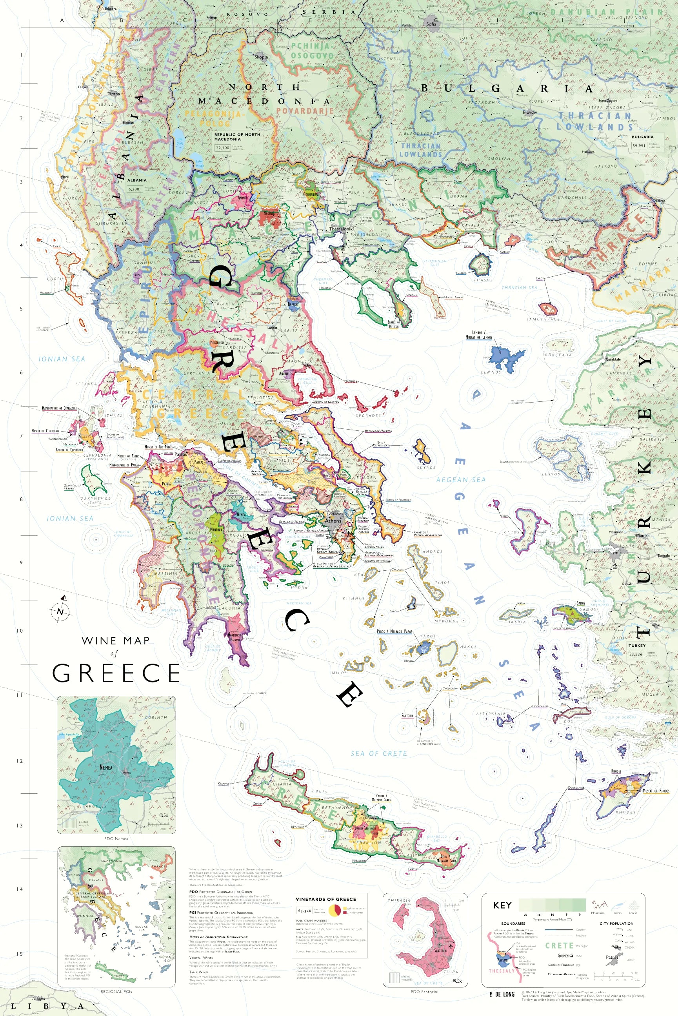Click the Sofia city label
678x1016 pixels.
coord(431,24)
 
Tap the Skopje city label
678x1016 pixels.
coord(261,56)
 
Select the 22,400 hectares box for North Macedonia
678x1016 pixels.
coord(223,147)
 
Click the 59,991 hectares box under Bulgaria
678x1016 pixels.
coord(639,146)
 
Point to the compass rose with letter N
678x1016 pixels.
coord(60,611)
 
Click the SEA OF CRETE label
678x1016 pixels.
coord(379,754)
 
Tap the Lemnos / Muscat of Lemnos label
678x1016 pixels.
coord(478,335)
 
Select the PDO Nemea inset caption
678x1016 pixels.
coord(116,838)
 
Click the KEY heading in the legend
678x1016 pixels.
coord(502,905)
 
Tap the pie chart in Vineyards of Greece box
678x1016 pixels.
coord(334,911)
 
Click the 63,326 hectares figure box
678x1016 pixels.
coord(304,911)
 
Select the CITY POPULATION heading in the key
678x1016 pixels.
coord(616,923)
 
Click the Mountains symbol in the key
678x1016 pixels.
coord(598,905)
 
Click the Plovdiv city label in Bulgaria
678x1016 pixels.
coord(529,112)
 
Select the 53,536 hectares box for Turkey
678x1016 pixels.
coord(636,654)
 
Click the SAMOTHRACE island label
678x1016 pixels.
coord(543,319)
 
